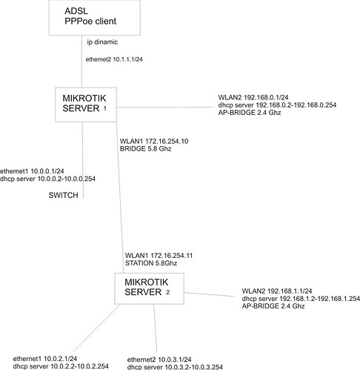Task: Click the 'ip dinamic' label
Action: [102, 42]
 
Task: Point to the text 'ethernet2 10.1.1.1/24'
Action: [114, 59]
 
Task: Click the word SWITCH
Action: [63, 195]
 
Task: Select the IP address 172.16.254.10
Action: [167, 142]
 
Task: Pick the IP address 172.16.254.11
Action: [172, 256]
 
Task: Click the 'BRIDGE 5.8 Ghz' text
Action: [145, 149]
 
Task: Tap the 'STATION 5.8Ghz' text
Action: [151, 263]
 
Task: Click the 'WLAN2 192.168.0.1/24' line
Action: [253, 97]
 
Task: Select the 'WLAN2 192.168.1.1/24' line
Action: [277, 291]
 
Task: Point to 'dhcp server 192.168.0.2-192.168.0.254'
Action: [277, 105]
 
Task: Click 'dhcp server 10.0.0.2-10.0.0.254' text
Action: [47, 179]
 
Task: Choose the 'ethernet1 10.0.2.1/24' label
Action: [45, 359]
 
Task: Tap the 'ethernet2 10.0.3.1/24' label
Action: [159, 360]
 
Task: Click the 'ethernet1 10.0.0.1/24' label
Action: [32, 171]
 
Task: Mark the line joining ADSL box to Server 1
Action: [81, 62]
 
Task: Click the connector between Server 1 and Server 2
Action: [120, 197]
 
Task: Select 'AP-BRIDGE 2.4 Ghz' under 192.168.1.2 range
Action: [273, 306]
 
